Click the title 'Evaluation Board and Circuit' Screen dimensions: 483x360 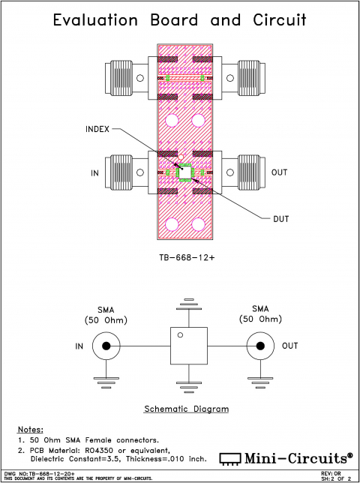[x=180, y=20]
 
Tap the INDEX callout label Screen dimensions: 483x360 [x=97, y=130]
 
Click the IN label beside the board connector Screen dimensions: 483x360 [x=95, y=173]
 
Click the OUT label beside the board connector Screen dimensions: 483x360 [x=279, y=172]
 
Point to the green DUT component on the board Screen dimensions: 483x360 [x=184, y=172]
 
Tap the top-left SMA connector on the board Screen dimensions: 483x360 [x=127, y=77]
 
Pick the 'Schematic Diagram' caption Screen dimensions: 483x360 [x=185, y=409]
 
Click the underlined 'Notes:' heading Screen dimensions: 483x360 [x=30, y=428]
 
